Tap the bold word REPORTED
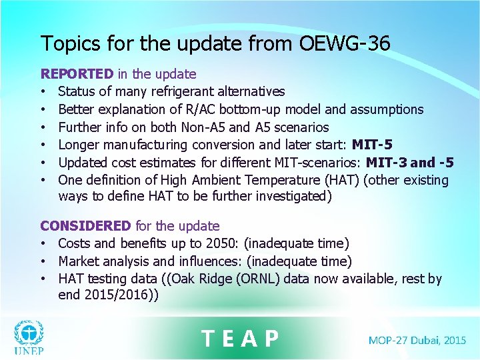[x=77, y=74]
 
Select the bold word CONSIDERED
[x=85, y=226]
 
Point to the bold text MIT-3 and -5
[x=410, y=163]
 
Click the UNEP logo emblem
[x=28, y=332]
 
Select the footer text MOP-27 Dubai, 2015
[x=417, y=340]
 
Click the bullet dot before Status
[x=44, y=92]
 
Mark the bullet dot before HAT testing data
[x=44, y=279]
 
